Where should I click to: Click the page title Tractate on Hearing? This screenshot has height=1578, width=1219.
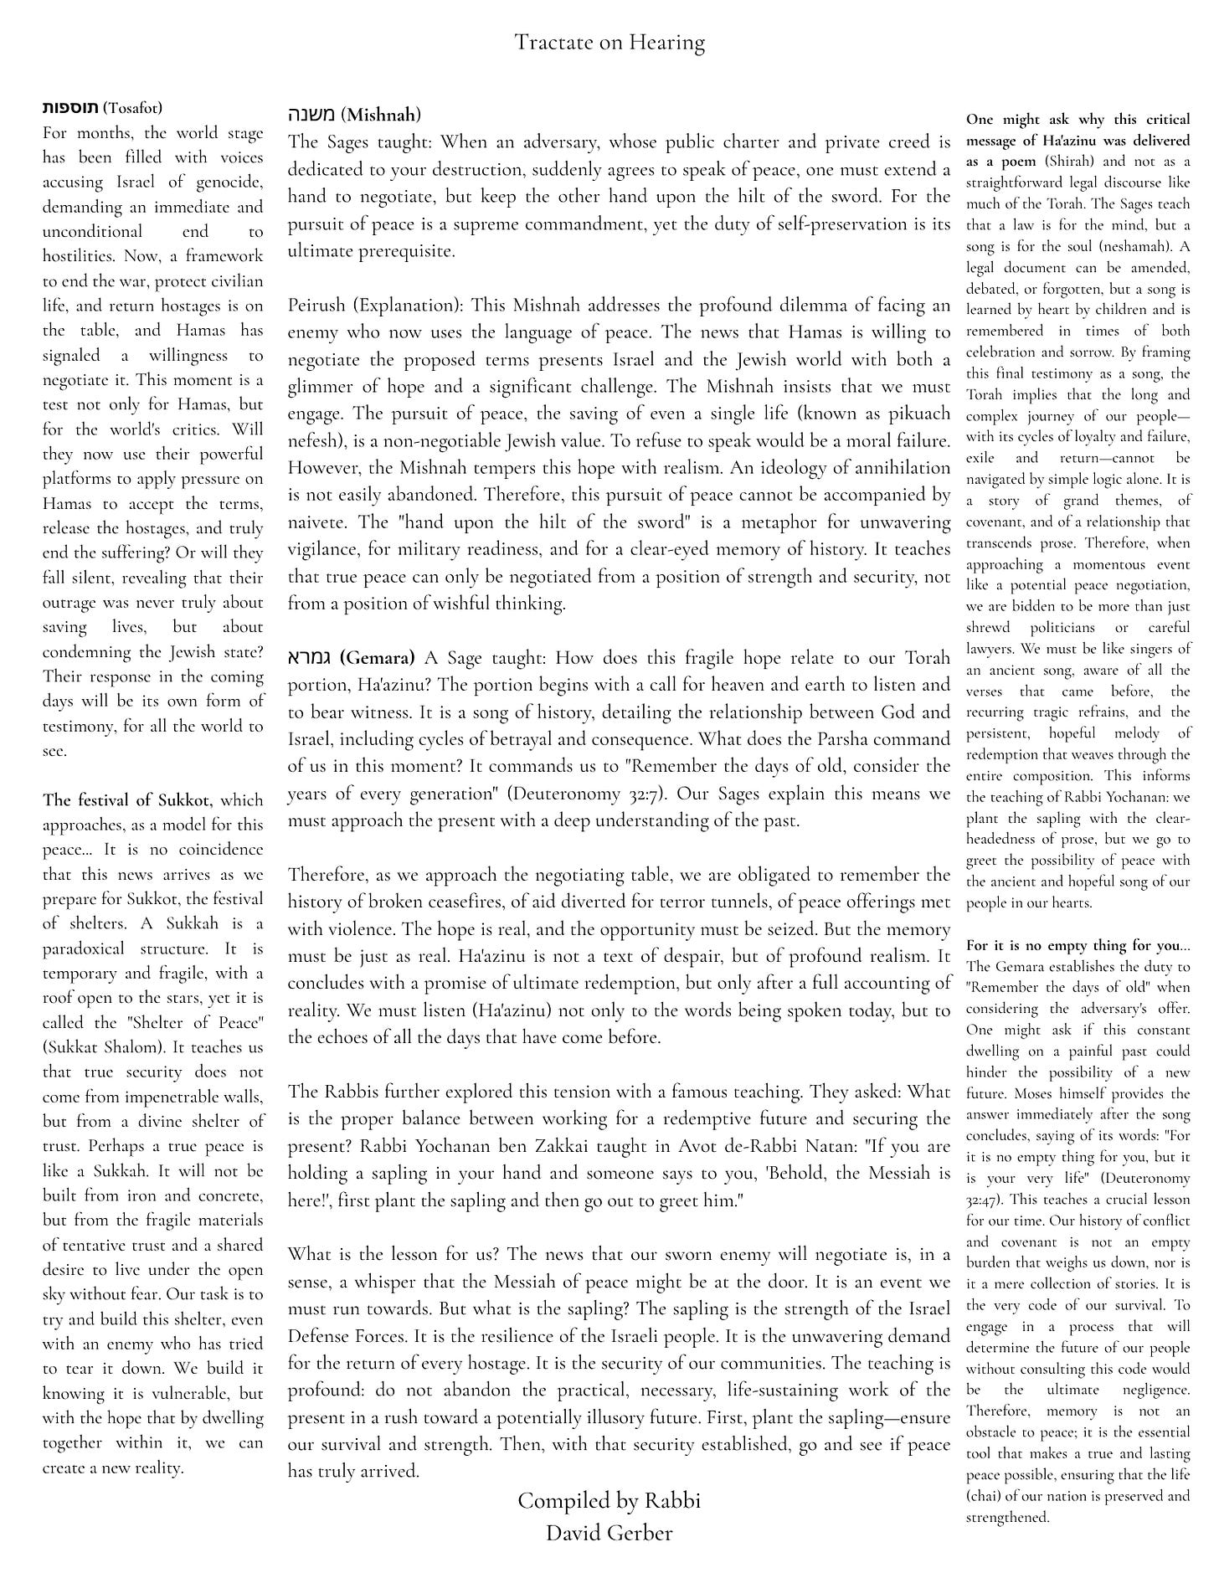(x=609, y=43)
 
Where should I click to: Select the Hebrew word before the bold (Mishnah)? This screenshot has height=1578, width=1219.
(x=311, y=114)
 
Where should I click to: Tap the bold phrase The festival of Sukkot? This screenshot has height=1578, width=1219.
(x=127, y=800)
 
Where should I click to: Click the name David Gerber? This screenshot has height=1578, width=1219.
(x=609, y=1533)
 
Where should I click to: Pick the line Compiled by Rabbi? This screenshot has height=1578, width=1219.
(x=609, y=1501)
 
